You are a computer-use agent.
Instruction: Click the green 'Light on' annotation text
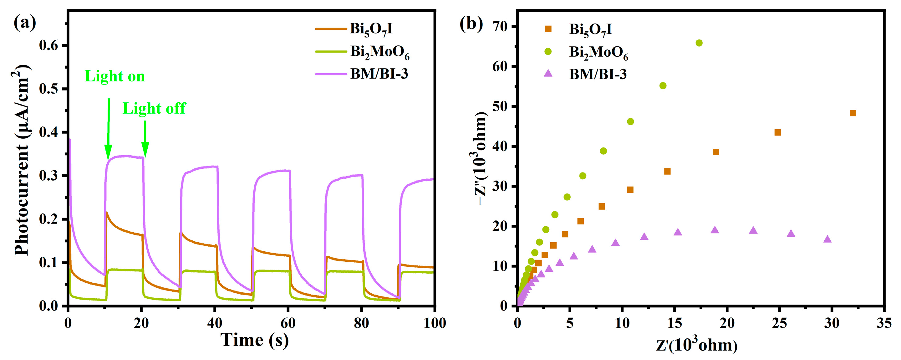(115, 76)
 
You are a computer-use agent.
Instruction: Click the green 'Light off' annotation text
(154, 108)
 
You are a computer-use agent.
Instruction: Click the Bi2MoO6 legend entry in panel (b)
(598, 52)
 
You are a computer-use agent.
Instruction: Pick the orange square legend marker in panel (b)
(548, 29)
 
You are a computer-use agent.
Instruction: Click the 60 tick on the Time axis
(288, 323)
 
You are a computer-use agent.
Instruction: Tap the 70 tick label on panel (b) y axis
(500, 27)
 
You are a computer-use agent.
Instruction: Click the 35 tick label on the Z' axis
(884, 323)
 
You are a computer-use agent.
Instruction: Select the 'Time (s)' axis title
(255, 340)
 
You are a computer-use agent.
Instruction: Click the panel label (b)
(471, 24)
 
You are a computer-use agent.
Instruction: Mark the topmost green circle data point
(699, 43)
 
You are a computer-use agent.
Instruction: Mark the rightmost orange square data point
(853, 113)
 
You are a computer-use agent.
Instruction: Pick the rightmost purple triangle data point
(827, 239)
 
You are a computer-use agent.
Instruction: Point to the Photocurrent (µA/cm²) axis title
(22, 161)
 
